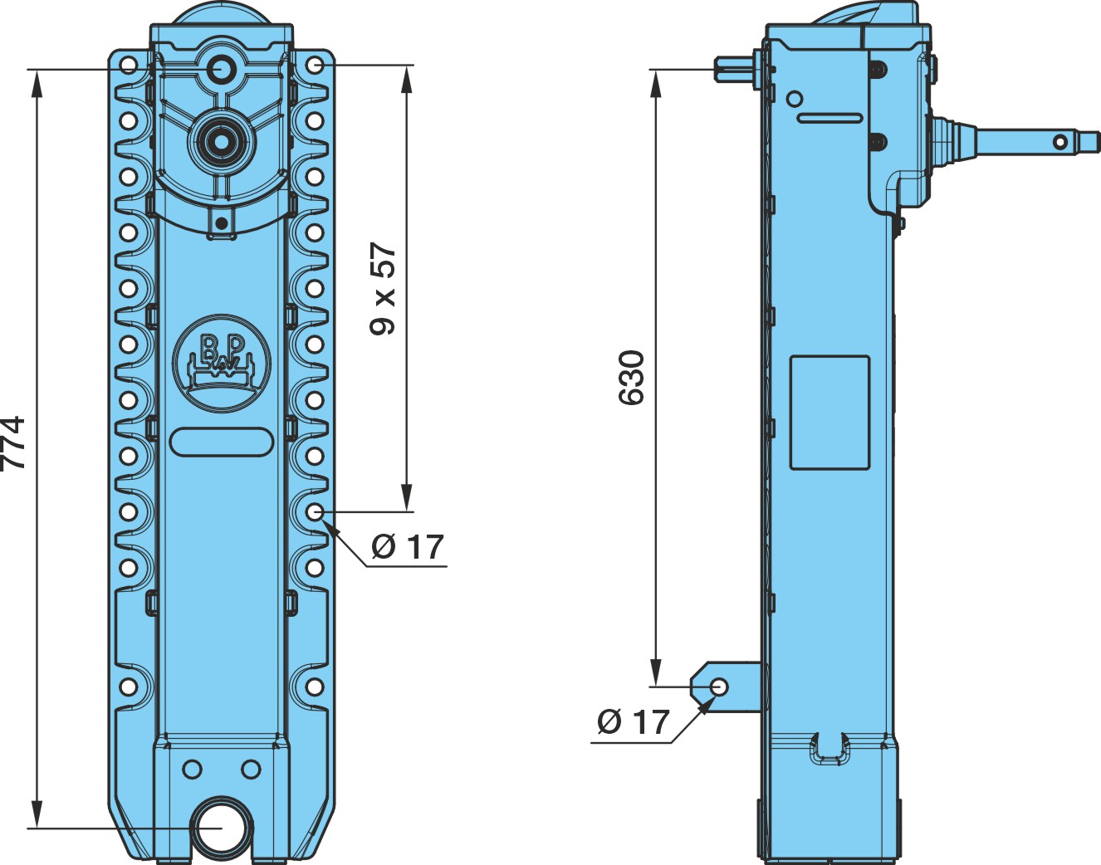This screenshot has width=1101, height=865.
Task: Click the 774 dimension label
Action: pyautogui.click(x=12, y=443)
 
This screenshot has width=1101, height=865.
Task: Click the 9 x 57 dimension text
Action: pyautogui.click(x=383, y=289)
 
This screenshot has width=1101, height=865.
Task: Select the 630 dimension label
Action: pyautogui.click(x=631, y=378)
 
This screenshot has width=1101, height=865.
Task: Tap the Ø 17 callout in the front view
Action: pyautogui.click(x=408, y=547)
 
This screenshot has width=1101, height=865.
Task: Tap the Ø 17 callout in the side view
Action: pyautogui.click(x=634, y=721)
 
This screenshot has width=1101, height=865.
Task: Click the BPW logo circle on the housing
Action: pyautogui.click(x=222, y=363)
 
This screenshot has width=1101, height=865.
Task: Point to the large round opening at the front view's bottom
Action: pyautogui.click(x=220, y=828)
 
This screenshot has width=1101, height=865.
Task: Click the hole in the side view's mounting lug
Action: pyautogui.click(x=719, y=687)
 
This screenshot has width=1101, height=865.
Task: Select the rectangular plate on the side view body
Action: pyautogui.click(x=830, y=413)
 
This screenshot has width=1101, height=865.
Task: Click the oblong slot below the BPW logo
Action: pyautogui.click(x=222, y=442)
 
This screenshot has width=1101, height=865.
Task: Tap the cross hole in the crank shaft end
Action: pyautogui.click(x=1059, y=142)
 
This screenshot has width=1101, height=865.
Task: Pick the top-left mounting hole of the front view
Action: pyautogui.click(x=129, y=66)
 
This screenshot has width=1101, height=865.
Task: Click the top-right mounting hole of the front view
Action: pyautogui.click(x=315, y=66)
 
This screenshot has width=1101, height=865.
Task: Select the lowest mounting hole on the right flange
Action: pyautogui.click(x=315, y=687)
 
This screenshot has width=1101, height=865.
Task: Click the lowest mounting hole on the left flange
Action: pyautogui.click(x=129, y=687)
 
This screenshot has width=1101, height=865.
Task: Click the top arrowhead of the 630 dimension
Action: pyautogui.click(x=656, y=83)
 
